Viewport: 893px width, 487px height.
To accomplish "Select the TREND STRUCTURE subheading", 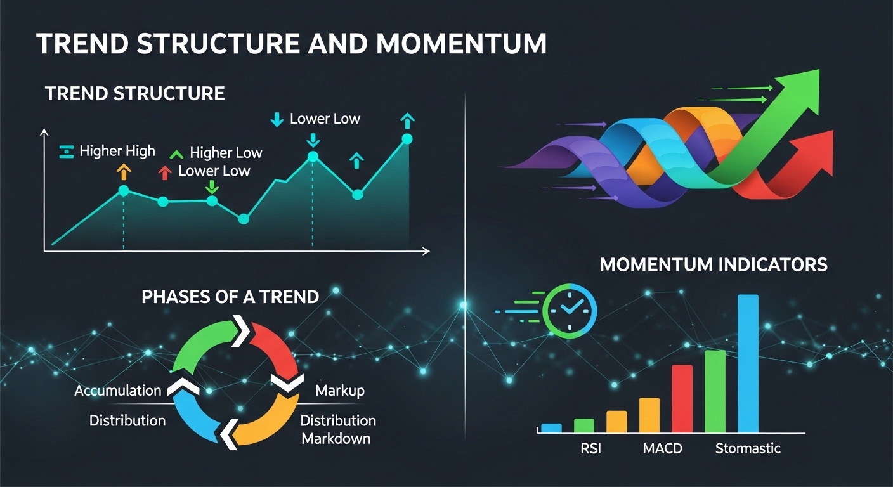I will [x=135, y=94].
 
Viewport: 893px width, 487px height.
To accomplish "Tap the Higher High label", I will [x=117, y=151].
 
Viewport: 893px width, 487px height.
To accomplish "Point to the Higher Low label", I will [x=225, y=153].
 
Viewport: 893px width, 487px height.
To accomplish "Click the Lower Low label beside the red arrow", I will [x=214, y=171].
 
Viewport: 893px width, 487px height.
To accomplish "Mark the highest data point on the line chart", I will [x=407, y=139].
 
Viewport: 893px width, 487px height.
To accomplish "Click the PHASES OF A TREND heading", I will [x=230, y=297].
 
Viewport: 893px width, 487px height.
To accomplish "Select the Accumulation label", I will [x=118, y=390].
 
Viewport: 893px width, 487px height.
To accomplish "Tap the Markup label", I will [x=339, y=390].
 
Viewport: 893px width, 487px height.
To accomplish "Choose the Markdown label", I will [x=336, y=438].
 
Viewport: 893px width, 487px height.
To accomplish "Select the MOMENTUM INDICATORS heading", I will [x=713, y=264].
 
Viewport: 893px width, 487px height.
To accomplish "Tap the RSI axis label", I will [x=590, y=449].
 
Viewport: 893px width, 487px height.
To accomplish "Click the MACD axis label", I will [x=662, y=449].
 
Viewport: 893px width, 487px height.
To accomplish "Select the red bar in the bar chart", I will [x=682, y=399].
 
